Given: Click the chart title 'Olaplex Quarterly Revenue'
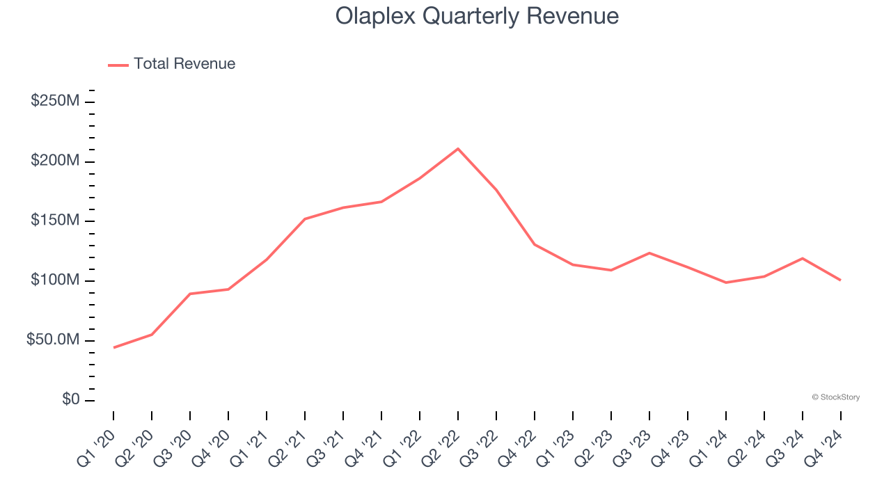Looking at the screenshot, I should [x=477, y=15].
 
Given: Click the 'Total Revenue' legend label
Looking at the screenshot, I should [x=184, y=64].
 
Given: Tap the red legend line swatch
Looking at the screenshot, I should [x=118, y=65].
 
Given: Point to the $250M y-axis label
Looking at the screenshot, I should [x=55, y=101].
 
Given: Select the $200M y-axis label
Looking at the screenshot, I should [x=55, y=161].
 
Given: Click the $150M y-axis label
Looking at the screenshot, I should [x=55, y=221].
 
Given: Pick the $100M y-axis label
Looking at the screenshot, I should [x=55, y=280].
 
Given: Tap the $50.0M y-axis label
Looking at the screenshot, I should [x=53, y=340].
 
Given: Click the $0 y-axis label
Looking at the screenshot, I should [x=71, y=399].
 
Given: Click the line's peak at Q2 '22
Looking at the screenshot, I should [x=457, y=148].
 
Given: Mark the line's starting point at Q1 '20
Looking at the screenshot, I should [x=113, y=347].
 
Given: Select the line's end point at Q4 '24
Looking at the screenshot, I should [x=840, y=280].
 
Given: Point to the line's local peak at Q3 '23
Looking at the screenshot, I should [x=649, y=253].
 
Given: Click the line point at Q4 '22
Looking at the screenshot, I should [x=534, y=244].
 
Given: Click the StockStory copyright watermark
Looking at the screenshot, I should [x=835, y=397].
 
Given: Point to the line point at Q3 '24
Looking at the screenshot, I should [x=802, y=258].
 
